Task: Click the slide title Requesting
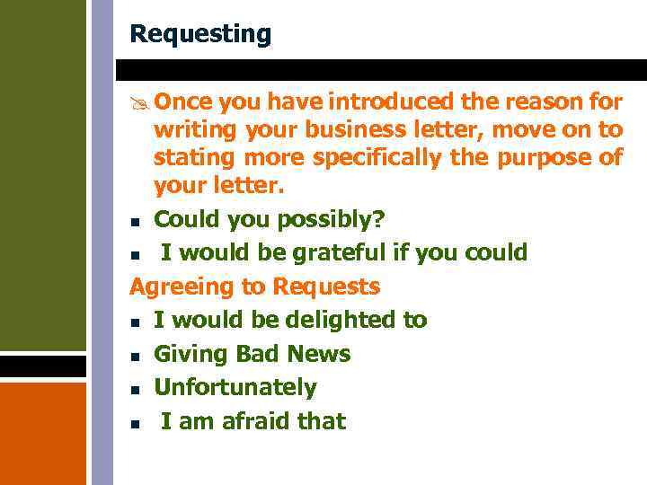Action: click(x=199, y=34)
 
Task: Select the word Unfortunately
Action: click(x=235, y=388)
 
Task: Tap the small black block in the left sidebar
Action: click(x=43, y=367)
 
